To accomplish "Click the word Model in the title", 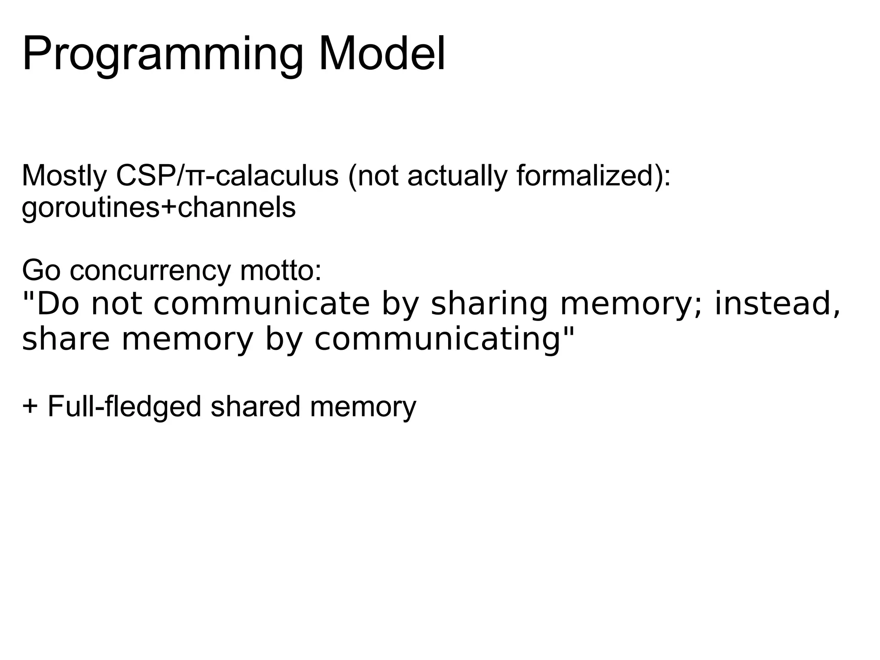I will coord(382,55).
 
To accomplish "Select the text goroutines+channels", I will coord(159,208).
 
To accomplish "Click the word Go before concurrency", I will coord(41,270).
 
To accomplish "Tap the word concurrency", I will coord(150,270).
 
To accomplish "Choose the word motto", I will coord(280,270).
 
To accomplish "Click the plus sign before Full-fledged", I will coord(30,406).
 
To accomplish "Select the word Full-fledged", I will coord(124,406).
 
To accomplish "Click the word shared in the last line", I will coord(255,406).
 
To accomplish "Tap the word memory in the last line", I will coord(363,406).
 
